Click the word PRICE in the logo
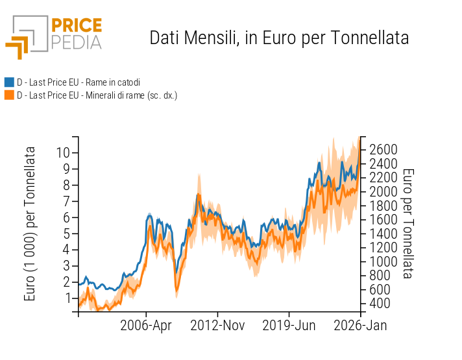click(76, 26)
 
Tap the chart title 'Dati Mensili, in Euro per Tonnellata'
click(279, 38)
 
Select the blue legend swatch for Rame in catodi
click(9, 82)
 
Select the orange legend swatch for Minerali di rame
click(9, 95)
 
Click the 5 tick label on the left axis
click(67, 234)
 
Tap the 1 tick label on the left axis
click(67, 298)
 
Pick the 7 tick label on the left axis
click(67, 201)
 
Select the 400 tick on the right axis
click(379, 303)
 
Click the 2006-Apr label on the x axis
click(146, 326)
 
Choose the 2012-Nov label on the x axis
click(217, 326)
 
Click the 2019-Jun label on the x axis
click(289, 326)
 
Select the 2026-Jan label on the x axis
click(360, 326)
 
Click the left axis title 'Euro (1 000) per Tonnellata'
click(30, 224)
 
